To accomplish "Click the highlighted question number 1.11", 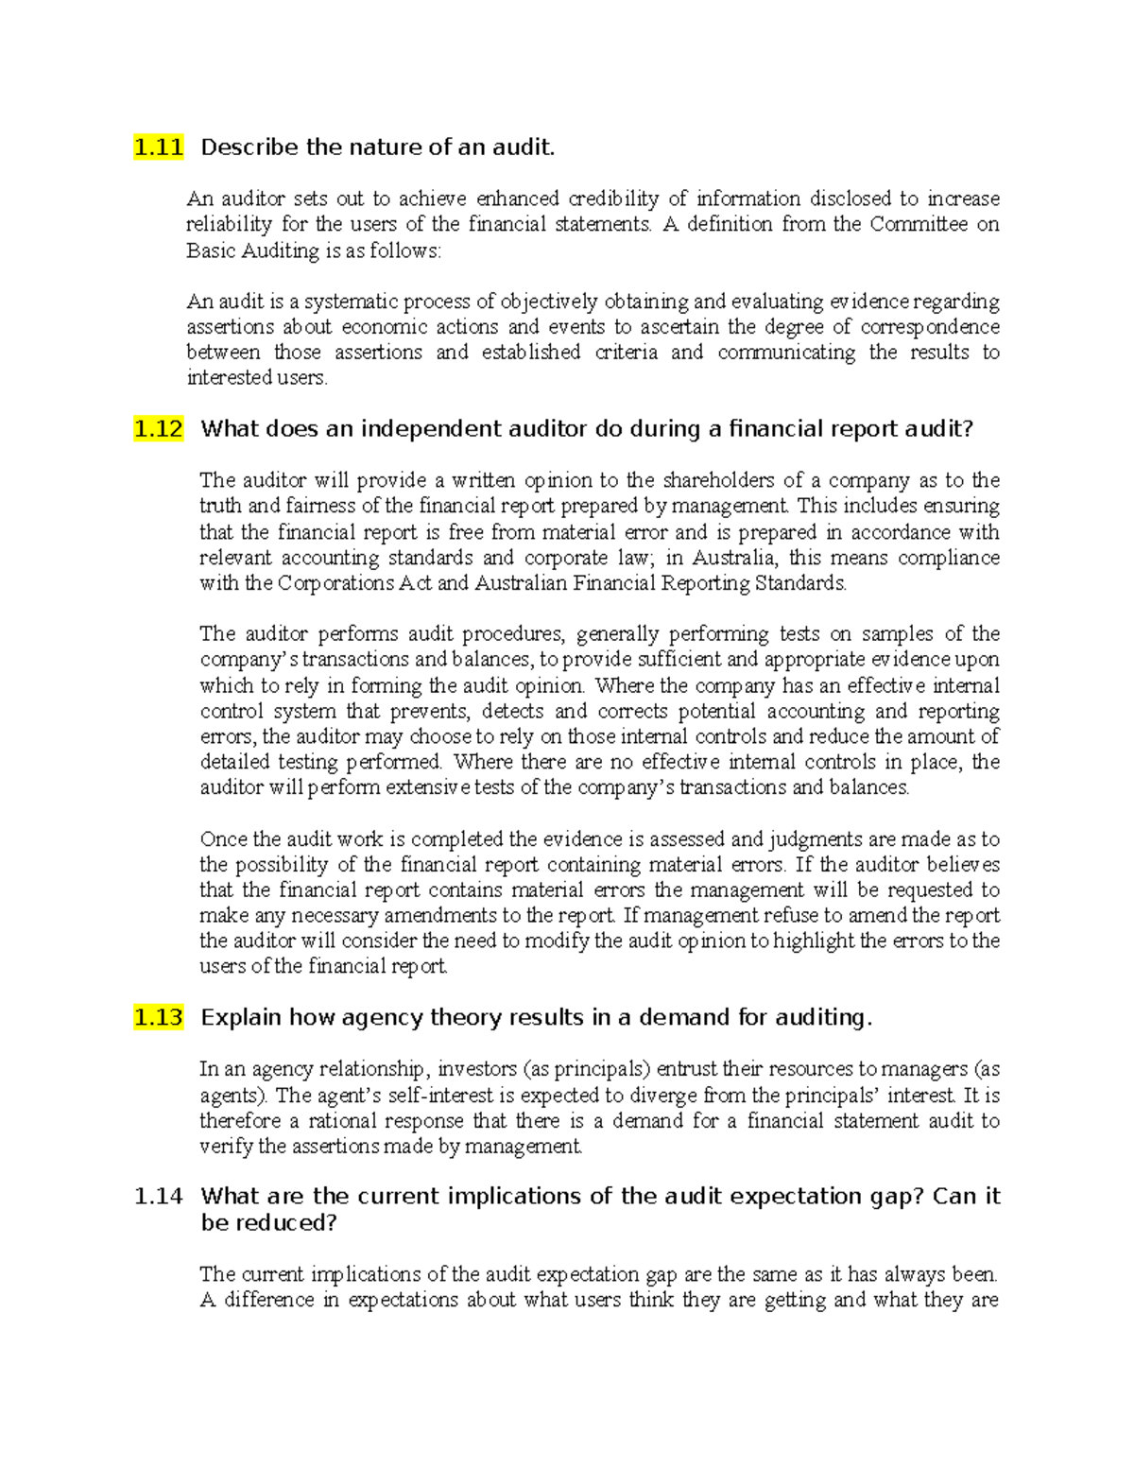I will coord(158,147).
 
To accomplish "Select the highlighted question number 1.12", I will coord(158,429).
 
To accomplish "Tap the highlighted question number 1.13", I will coord(158,1018).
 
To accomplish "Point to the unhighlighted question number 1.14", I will coord(158,1197).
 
